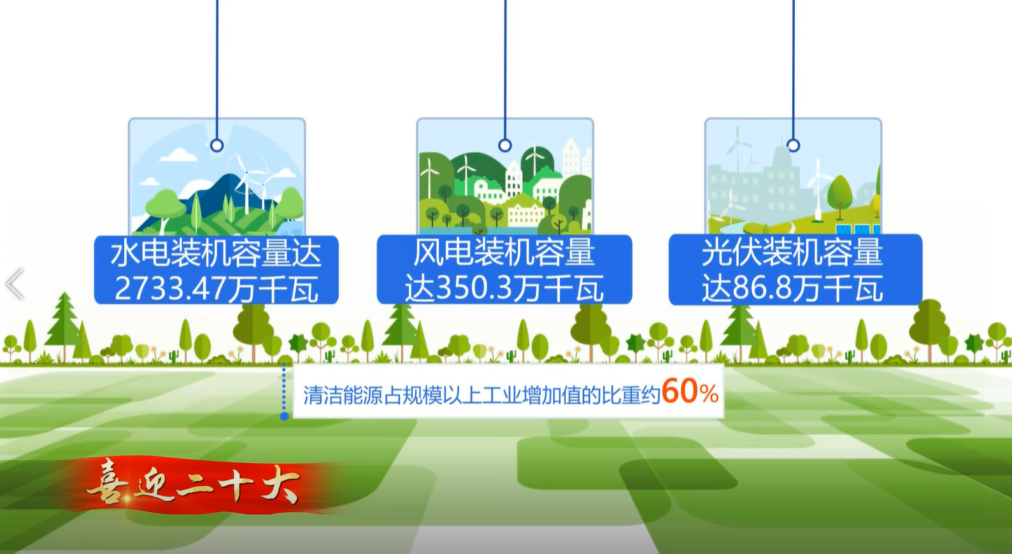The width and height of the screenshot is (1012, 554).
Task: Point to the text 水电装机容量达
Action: coord(216,253)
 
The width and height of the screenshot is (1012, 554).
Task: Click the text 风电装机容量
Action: coord(504,252)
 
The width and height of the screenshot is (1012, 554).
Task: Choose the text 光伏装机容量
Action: coord(792,252)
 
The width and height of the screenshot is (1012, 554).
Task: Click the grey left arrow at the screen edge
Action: coord(15,284)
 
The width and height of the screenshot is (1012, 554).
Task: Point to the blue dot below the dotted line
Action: coord(284,416)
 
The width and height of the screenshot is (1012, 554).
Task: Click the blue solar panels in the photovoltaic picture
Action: coord(859,229)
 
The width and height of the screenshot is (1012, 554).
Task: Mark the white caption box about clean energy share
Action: coord(509,392)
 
